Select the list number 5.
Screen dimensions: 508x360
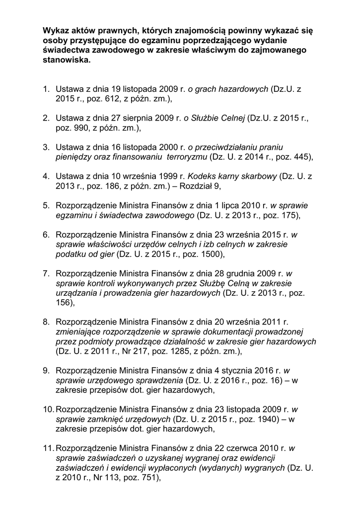46,205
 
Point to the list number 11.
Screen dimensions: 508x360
48,448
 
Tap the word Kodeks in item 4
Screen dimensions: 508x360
201,176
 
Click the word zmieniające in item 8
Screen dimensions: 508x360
76,331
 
